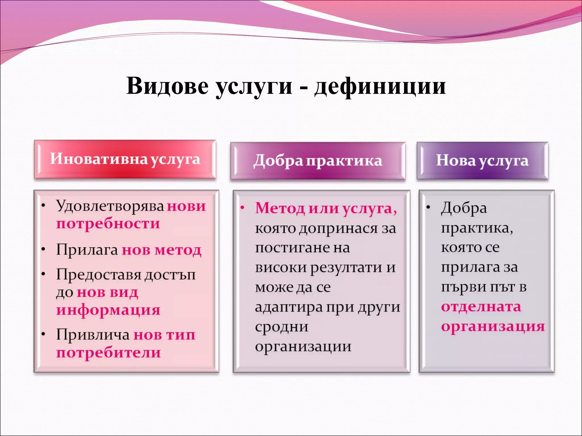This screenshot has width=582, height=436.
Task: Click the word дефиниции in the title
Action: (380, 86)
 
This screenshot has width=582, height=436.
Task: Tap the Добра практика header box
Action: (318, 161)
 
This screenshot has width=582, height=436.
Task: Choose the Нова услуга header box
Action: (482, 161)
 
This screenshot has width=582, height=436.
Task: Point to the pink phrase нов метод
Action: (161, 250)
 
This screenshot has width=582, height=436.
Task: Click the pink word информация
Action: (108, 310)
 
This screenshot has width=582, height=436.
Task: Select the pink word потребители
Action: (108, 353)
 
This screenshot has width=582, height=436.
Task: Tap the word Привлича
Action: (93, 335)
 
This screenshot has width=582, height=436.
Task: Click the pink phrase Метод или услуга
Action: (326, 208)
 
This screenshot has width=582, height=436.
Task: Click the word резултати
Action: (346, 268)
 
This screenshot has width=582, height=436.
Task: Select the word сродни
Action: (281, 327)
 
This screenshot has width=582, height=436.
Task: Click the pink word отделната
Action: (481, 307)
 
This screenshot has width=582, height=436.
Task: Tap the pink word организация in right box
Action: (493, 326)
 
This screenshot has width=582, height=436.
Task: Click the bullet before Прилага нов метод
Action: (43, 250)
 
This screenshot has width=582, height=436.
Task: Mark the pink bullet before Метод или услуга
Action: (242, 208)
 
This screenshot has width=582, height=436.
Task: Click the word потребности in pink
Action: (108, 224)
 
